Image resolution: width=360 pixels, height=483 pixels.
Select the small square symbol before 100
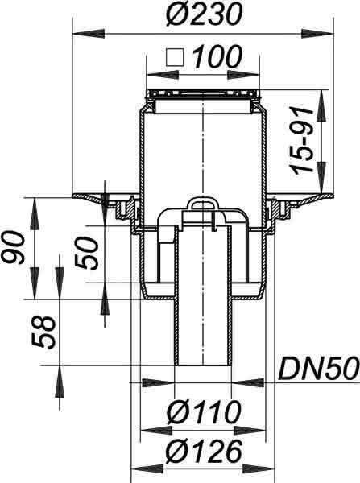(x=175, y=57)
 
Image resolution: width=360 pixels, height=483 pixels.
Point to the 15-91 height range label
(x=302, y=141)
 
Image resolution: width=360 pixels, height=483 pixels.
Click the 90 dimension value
(x=12, y=248)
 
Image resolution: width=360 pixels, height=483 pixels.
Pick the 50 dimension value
(x=87, y=254)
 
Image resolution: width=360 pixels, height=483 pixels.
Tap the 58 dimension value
(x=43, y=332)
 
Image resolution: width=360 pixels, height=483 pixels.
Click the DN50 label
(x=319, y=368)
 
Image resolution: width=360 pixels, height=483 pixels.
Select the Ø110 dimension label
(x=204, y=412)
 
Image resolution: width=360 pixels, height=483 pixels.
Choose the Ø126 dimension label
(x=204, y=452)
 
